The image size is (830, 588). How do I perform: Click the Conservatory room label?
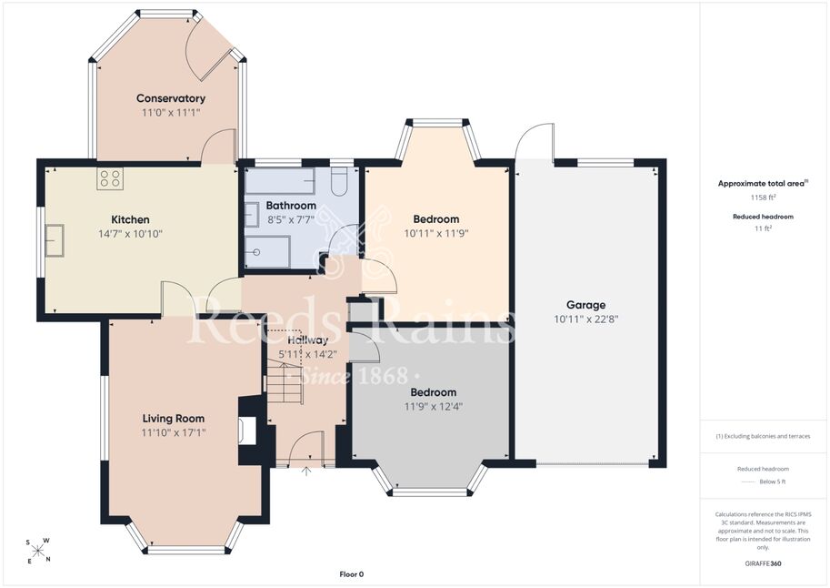(x=170, y=98)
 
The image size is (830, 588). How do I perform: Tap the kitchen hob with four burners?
(x=110, y=178)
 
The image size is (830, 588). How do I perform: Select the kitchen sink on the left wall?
(x=55, y=240)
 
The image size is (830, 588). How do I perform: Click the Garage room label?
(x=586, y=305)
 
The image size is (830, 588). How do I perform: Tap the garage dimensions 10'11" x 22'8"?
(x=586, y=319)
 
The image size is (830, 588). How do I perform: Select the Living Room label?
(x=173, y=419)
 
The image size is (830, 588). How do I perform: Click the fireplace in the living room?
(x=248, y=430)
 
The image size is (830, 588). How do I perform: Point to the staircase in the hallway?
(x=285, y=381)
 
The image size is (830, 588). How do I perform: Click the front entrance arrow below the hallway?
(x=306, y=471)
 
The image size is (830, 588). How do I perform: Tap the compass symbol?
(x=37, y=551)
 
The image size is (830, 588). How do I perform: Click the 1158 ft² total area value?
(x=763, y=198)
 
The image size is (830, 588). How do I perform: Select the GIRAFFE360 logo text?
(x=764, y=563)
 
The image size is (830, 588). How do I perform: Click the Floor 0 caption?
(x=352, y=574)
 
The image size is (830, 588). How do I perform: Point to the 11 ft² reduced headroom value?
(x=763, y=228)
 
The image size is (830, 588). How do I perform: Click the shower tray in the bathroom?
(x=266, y=252)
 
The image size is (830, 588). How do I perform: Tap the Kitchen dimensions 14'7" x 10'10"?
(x=130, y=234)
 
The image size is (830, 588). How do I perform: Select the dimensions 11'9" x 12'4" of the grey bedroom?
(x=434, y=407)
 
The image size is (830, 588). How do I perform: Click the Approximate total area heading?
(x=763, y=184)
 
